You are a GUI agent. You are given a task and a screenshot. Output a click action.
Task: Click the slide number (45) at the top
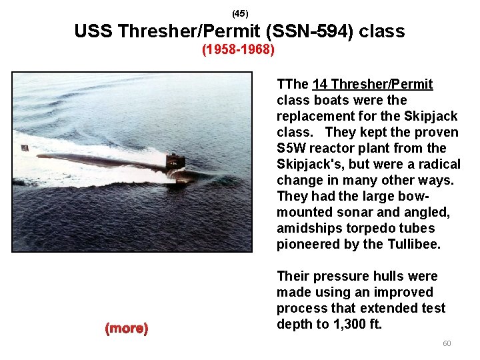(239, 13)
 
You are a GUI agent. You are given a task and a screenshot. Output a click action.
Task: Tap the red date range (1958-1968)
(239, 50)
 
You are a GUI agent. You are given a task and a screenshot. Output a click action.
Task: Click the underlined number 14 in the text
(319, 84)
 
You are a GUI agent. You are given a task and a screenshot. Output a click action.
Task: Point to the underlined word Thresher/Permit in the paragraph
(382, 84)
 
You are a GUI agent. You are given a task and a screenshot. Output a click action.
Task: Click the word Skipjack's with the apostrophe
(309, 164)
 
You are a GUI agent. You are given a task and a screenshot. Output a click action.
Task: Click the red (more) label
(127, 328)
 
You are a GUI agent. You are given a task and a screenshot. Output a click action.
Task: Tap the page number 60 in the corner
(447, 343)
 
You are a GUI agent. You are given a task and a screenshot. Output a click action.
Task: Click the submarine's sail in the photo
(175, 161)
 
